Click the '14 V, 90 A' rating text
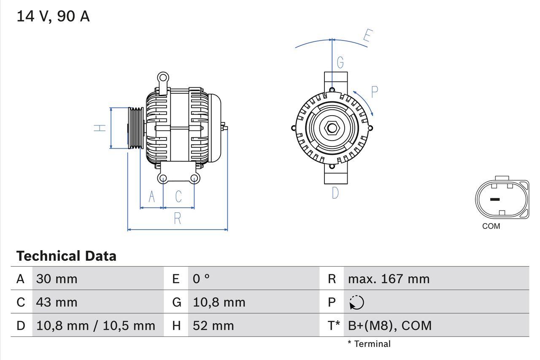(x=53, y=16)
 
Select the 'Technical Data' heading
(x=66, y=256)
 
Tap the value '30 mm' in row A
(x=57, y=279)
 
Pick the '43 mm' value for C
(x=57, y=302)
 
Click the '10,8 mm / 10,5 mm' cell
(x=96, y=325)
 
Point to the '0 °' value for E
(x=201, y=279)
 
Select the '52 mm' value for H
(x=213, y=325)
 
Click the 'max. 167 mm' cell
(x=389, y=279)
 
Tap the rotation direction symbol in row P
(x=356, y=302)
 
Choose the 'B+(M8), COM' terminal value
(x=390, y=325)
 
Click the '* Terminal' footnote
(x=369, y=344)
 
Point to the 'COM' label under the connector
(x=491, y=226)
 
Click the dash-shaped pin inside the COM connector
(x=495, y=199)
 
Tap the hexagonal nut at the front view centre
(x=332, y=128)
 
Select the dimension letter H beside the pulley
(x=100, y=128)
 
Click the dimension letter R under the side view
(x=178, y=218)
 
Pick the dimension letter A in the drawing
(x=152, y=196)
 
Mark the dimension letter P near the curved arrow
(x=374, y=92)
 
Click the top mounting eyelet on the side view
(x=163, y=78)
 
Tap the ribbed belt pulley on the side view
(x=136, y=128)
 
